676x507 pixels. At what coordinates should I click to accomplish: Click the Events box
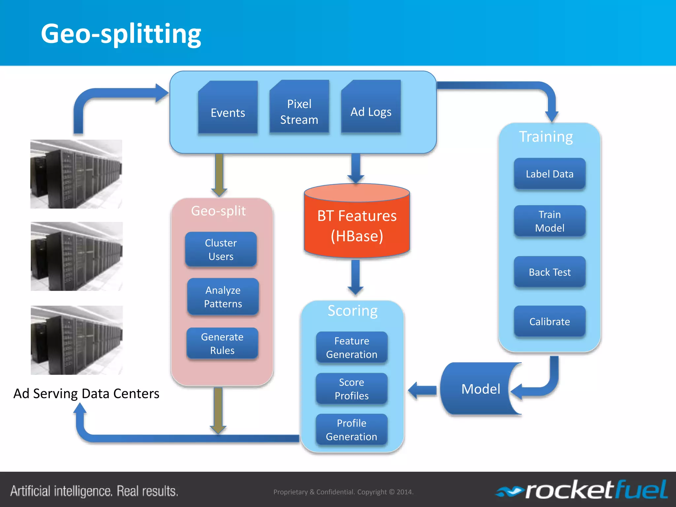(x=228, y=109)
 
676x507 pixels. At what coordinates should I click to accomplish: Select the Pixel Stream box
(x=299, y=109)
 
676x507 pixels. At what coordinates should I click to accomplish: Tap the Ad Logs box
(x=371, y=109)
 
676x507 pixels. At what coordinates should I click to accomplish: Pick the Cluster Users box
(x=221, y=250)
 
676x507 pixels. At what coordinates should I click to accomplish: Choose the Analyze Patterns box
(x=223, y=297)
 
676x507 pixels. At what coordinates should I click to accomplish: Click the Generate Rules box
(x=222, y=343)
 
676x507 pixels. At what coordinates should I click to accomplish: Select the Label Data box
(x=550, y=174)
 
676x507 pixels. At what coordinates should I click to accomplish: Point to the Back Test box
(x=550, y=272)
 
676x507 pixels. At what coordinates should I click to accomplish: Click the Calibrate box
(x=550, y=321)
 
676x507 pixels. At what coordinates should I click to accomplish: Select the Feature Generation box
(x=352, y=348)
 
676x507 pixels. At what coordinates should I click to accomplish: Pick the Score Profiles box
(x=352, y=389)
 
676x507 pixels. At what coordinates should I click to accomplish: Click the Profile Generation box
(x=352, y=430)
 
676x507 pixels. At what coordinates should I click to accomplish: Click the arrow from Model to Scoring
(x=422, y=390)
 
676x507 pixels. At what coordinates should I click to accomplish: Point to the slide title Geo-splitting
(x=121, y=34)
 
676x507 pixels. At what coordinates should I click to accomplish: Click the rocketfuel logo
(x=583, y=490)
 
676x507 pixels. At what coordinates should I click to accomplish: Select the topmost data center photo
(x=76, y=174)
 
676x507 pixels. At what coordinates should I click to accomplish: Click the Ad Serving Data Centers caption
(x=86, y=393)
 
